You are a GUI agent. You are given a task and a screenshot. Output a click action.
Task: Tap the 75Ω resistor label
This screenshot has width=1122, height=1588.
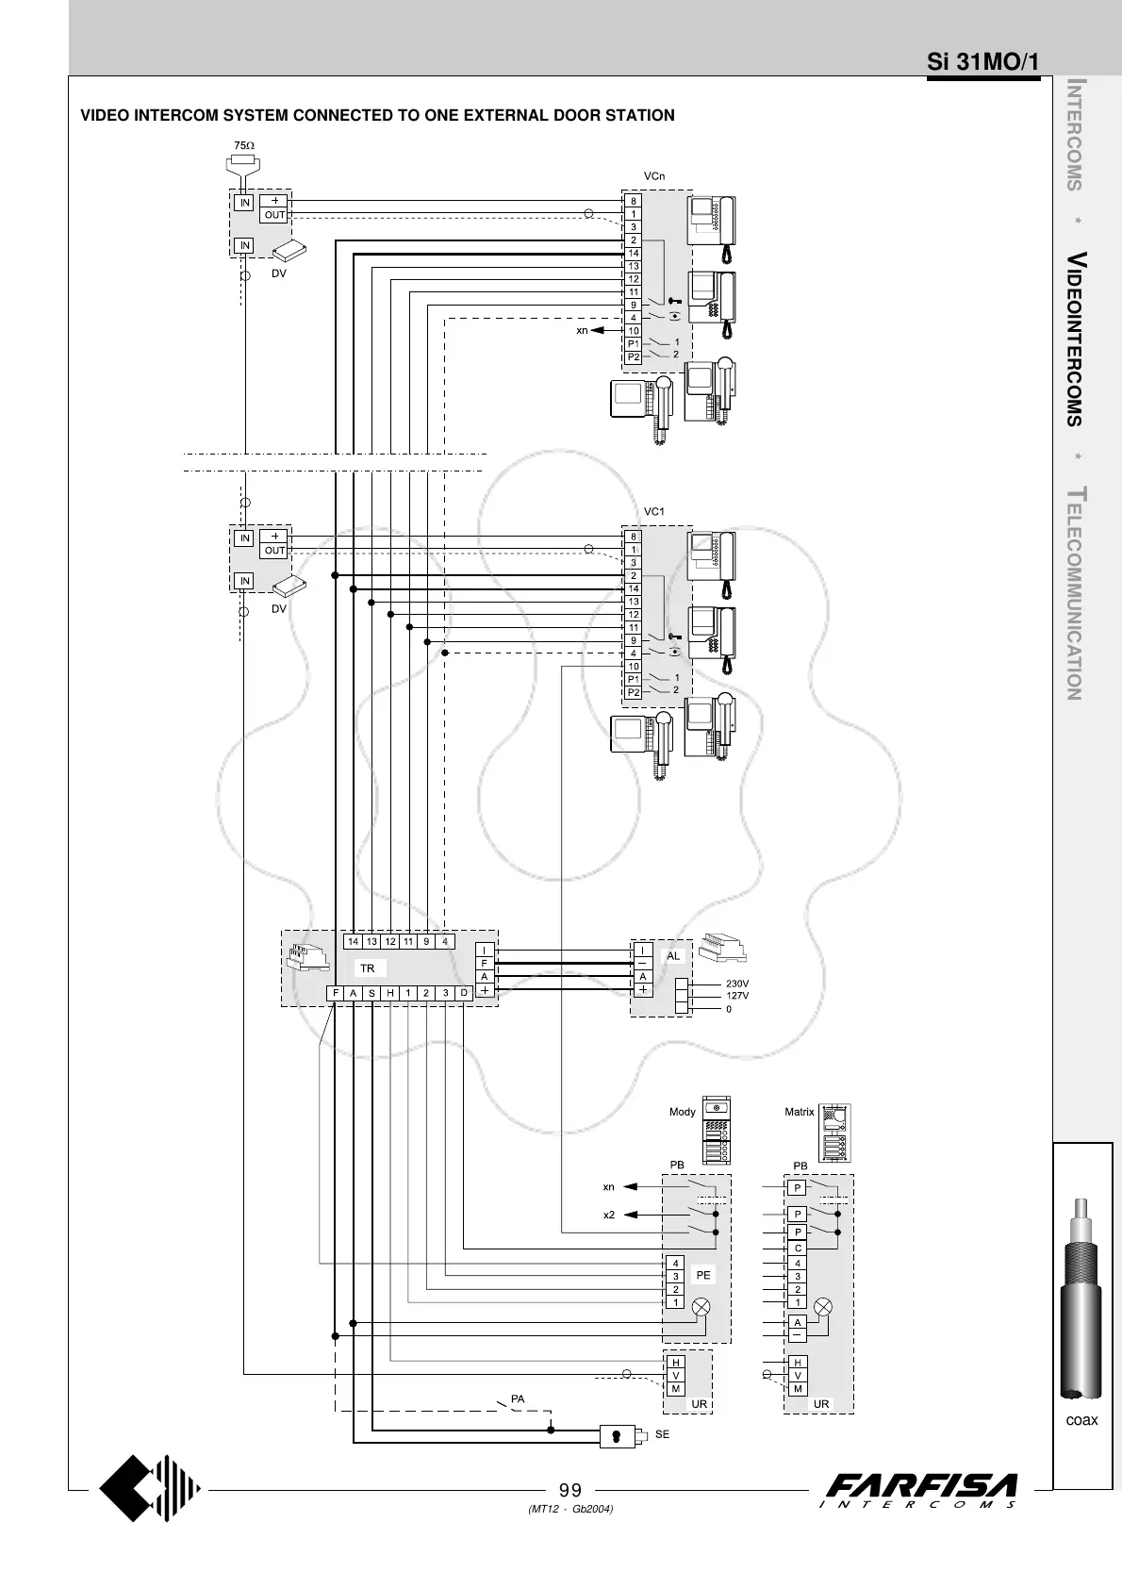point(243,145)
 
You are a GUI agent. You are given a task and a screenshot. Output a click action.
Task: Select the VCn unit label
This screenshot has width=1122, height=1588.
point(653,176)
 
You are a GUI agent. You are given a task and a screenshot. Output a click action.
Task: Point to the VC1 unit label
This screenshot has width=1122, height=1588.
point(653,512)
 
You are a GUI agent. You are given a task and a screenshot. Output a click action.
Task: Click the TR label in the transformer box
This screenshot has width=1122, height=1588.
point(367,968)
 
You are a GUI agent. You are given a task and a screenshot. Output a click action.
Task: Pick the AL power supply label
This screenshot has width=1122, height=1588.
point(673,956)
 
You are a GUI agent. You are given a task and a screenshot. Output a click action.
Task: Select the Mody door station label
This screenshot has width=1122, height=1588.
point(682,1112)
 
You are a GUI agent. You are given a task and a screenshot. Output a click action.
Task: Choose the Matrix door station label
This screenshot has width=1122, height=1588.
point(799,1112)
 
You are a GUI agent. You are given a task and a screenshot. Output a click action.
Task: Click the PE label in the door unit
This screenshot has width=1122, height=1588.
point(702,1275)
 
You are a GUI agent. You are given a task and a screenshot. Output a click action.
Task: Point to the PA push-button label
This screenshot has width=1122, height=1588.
point(518,1398)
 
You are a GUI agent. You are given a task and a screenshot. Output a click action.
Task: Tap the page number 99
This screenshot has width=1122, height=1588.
point(570,1491)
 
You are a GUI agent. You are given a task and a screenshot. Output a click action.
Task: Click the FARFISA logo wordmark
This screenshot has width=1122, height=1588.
point(921,1486)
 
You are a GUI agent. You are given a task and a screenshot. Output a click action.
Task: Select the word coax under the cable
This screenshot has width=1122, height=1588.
point(1081,1420)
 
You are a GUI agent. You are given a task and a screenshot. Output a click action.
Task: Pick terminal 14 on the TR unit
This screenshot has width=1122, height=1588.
point(353,941)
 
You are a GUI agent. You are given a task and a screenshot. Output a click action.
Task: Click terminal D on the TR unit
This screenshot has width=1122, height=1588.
point(464,993)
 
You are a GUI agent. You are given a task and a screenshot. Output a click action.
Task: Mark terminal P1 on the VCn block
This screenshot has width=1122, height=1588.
point(634,344)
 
